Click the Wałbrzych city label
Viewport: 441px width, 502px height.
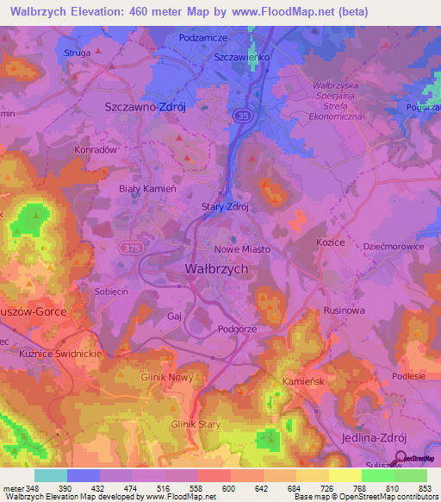(x=217, y=269)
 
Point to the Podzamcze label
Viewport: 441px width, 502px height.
(x=202, y=38)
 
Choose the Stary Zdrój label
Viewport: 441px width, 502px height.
(x=225, y=207)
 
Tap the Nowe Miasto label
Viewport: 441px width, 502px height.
(x=242, y=249)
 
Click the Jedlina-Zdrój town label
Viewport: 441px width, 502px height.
(x=374, y=438)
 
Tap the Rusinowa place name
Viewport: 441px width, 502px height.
(x=345, y=311)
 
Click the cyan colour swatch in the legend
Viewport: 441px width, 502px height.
(x=51, y=475)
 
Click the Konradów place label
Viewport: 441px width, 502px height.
(x=96, y=148)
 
